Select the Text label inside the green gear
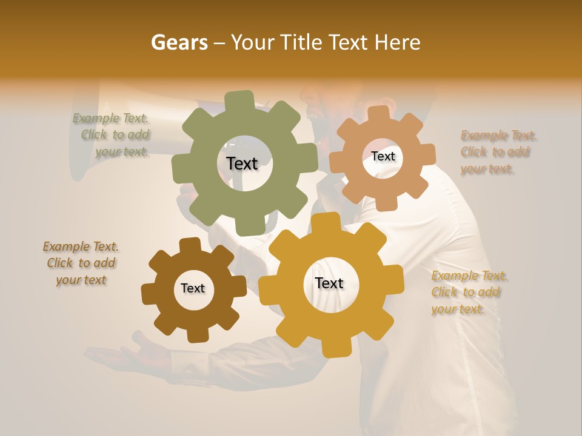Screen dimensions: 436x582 [242, 163]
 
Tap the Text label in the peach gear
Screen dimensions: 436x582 [383, 156]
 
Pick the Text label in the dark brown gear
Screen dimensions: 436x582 [193, 288]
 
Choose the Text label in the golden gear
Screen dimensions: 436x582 [329, 283]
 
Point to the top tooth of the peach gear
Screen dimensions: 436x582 [379, 114]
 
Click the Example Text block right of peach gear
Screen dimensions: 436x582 [498, 152]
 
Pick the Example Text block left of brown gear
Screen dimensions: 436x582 [81, 263]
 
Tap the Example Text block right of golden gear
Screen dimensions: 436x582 [469, 292]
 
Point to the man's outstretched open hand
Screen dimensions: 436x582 [118, 355]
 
